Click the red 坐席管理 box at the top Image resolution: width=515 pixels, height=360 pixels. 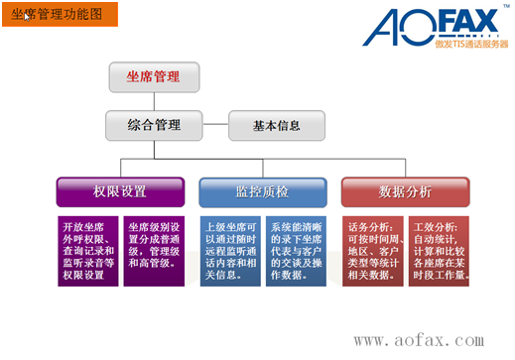coord(154,75)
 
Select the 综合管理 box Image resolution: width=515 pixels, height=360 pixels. coord(154,125)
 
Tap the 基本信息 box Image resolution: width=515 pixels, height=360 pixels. coord(277,126)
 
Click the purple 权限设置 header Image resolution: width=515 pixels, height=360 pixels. coord(120,191)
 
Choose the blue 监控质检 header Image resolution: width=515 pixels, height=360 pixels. coord(262,191)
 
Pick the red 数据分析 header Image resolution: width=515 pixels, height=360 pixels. coord(405,191)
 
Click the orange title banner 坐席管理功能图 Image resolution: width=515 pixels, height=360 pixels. coord(59,15)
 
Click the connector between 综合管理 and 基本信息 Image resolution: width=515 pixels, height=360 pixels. coord(216,126)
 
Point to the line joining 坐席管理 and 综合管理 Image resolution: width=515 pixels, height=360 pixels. coord(154,99)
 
